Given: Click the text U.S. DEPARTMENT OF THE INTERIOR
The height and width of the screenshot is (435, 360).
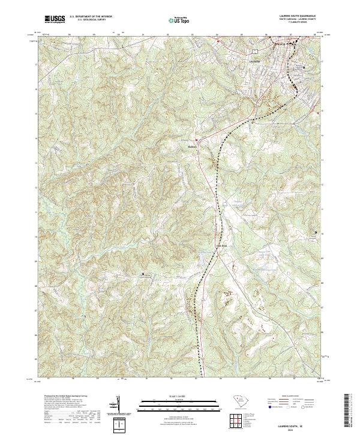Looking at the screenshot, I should [x=91, y=17].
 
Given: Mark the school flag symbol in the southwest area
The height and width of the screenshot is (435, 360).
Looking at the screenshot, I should [x=143, y=274].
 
